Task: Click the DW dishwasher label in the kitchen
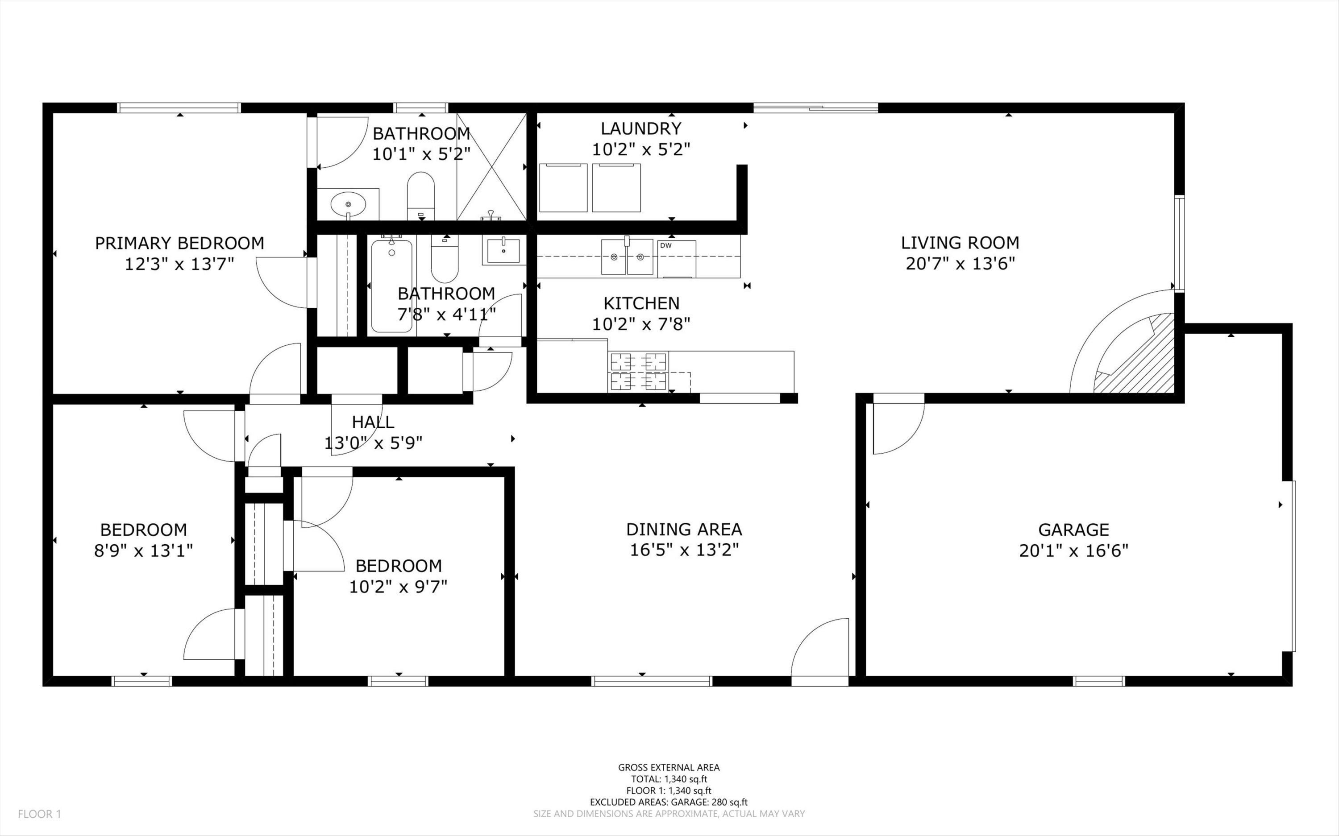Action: pyautogui.click(x=665, y=245)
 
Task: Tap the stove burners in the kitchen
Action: pyautogui.click(x=638, y=371)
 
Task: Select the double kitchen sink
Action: pyautogui.click(x=627, y=257)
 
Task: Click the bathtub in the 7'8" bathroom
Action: pyautogui.click(x=391, y=286)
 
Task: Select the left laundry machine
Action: pyautogui.click(x=563, y=187)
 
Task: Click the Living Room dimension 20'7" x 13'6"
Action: pyautogui.click(x=961, y=264)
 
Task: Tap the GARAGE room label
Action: pyautogui.click(x=1073, y=530)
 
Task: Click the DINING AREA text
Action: pyautogui.click(x=684, y=529)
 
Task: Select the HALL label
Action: pyautogui.click(x=373, y=422)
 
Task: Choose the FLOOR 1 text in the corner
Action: pyautogui.click(x=40, y=814)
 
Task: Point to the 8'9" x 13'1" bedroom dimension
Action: pyautogui.click(x=143, y=550)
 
